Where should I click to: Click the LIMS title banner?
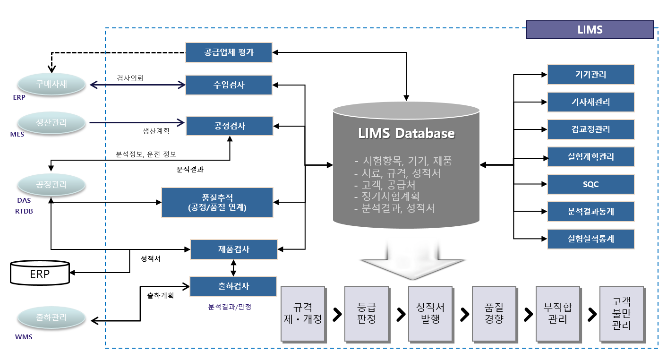tap(590, 30)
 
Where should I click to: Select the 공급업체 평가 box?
tap(229, 52)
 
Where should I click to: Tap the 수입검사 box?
tap(229, 85)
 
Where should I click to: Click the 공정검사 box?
tap(229, 126)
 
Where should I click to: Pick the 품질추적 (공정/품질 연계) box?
tap(217, 203)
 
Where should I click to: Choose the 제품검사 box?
tap(234, 249)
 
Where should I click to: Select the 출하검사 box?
tap(233, 286)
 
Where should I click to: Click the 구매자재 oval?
tap(51, 84)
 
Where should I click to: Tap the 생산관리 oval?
tap(51, 123)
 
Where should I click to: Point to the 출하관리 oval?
tap(51, 317)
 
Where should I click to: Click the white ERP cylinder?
tap(40, 273)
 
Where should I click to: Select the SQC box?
tap(591, 184)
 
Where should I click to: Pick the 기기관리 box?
tap(591, 75)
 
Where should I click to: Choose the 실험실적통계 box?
tap(591, 239)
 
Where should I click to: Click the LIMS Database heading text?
tap(406, 133)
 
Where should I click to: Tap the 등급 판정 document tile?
tap(367, 314)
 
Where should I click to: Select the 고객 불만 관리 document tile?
tap(622, 314)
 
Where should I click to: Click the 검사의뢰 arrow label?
tap(130, 78)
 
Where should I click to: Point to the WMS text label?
tap(24, 337)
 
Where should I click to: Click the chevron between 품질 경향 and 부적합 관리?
tap(528, 315)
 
